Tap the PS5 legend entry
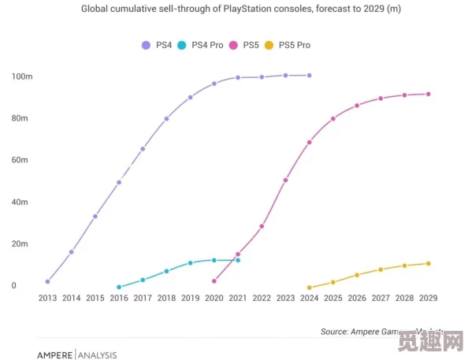coord(247,45)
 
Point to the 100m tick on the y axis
coord(22,76)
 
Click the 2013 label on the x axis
coord(48,299)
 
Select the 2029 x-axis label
coord(429,299)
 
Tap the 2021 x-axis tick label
coord(238,299)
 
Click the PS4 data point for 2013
coord(48,281)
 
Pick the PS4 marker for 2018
coord(166,119)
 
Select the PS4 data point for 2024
coord(309,76)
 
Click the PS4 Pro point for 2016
coord(119,287)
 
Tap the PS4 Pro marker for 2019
coord(190,263)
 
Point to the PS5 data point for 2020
coord(214,281)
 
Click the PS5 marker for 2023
coord(285,180)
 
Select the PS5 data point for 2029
coord(429,94)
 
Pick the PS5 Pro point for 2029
coord(429,263)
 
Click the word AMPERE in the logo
coord(54,355)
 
